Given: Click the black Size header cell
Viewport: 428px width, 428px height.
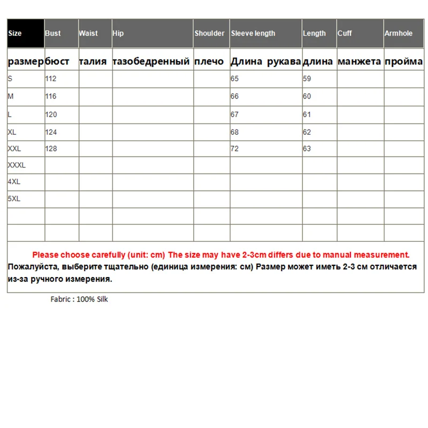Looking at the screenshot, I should pos(25,33).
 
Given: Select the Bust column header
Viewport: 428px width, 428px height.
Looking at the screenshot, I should pos(53,33).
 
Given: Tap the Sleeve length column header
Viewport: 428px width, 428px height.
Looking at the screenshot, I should pos(253,33).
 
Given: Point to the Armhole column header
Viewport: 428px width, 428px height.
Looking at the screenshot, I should pos(399,33).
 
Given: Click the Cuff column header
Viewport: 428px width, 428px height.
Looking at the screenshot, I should pos(345,33).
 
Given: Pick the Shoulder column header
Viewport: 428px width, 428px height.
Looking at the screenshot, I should pos(210,33).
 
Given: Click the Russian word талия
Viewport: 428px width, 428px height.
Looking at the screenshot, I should pos(93,62).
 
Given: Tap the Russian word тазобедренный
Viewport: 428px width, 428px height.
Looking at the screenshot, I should pos(151,62).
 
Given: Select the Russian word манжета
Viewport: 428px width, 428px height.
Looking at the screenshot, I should pos(360,62).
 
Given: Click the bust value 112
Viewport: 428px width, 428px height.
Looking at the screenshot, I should pos(51,79).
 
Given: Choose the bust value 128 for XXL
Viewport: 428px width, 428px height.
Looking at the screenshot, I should pos(51,149).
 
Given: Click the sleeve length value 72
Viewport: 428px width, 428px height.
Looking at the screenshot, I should pos(234,149).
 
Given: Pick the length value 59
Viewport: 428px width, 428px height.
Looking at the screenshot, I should pos(307,79).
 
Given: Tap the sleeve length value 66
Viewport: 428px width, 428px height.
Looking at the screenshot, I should pos(234,96).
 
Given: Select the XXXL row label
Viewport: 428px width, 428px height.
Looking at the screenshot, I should pos(17,165).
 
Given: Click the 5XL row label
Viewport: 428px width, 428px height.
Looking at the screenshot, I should pos(14,198).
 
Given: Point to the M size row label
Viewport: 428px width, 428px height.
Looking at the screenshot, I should pos(10,96).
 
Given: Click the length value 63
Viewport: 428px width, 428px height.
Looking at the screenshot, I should pos(307,149).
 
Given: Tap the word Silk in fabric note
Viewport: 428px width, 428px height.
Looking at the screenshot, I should pos(101,300).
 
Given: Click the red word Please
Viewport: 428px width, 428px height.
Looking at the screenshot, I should pos(45,255).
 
